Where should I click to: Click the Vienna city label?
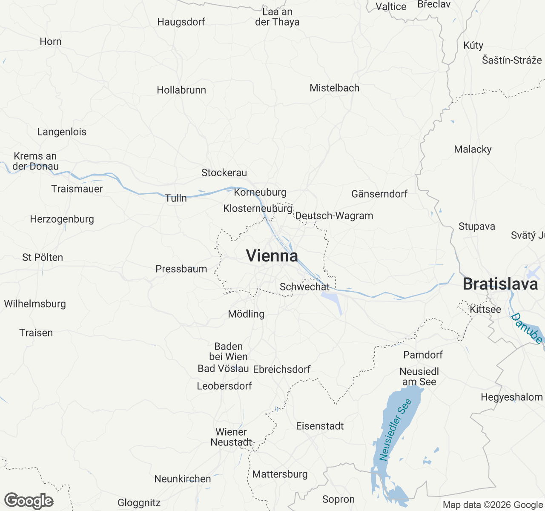(x=272, y=256)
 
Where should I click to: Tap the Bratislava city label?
(x=500, y=284)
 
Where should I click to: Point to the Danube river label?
(x=527, y=328)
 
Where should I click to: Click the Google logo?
(x=29, y=501)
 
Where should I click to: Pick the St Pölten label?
(x=43, y=257)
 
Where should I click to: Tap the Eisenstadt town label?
(x=320, y=426)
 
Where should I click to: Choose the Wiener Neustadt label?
(x=231, y=437)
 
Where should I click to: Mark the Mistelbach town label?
(x=335, y=88)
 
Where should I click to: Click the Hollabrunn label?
(x=181, y=90)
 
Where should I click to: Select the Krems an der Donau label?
(x=35, y=161)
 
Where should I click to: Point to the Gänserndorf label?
(x=379, y=194)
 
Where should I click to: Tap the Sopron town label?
(x=338, y=499)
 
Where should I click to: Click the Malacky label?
(x=473, y=149)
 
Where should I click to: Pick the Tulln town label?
(x=176, y=198)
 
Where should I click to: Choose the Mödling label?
(x=246, y=314)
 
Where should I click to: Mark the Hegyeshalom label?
(x=512, y=397)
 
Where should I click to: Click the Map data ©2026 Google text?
(x=493, y=505)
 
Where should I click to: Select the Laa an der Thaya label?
(x=277, y=17)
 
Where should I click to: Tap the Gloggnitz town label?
(x=139, y=503)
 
